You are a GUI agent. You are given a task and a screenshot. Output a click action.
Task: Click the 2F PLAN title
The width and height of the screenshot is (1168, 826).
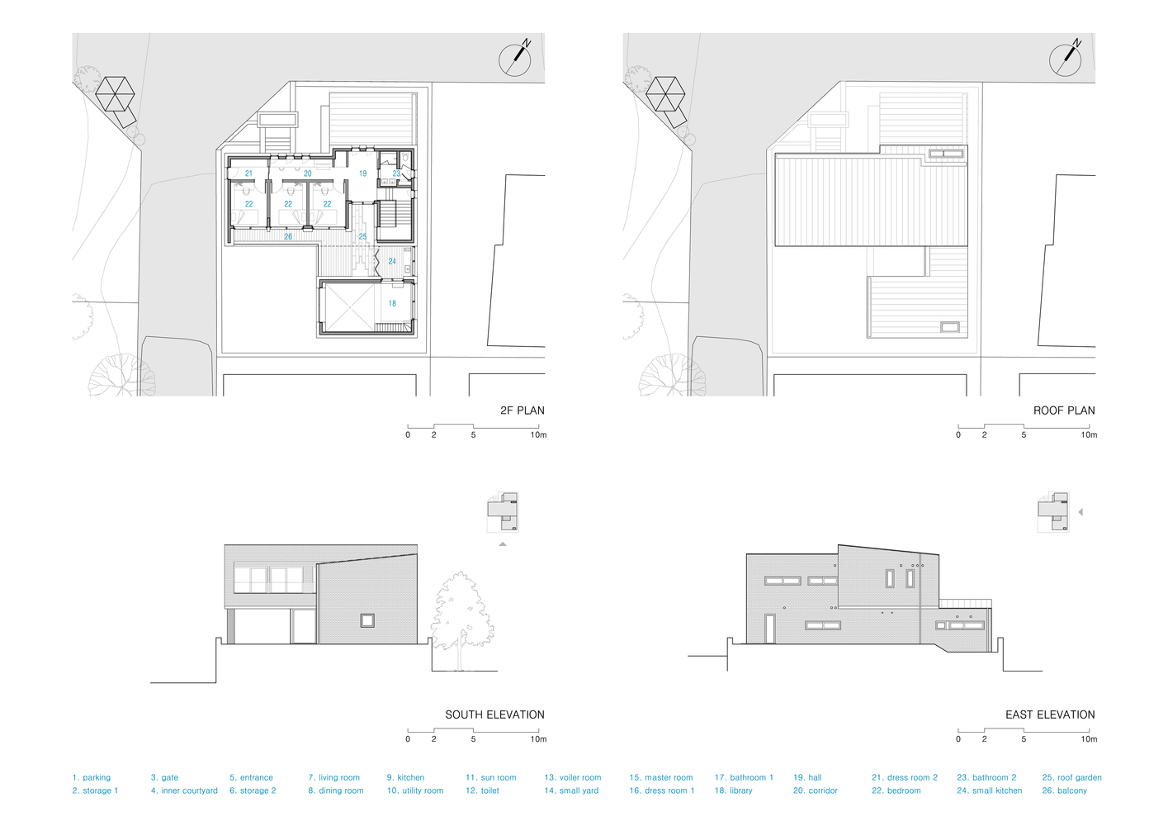click(x=522, y=411)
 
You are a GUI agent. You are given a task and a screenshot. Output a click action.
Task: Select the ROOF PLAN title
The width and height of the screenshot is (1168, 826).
click(x=1064, y=411)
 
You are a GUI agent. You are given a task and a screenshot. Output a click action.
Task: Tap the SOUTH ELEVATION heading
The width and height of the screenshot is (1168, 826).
click(x=494, y=714)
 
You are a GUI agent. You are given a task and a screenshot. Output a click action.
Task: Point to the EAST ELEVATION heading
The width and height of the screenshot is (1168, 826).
click(x=1050, y=714)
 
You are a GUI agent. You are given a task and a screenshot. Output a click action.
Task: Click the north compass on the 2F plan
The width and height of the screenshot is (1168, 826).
click(x=515, y=59)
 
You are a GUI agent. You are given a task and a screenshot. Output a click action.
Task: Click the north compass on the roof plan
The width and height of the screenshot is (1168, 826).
click(x=1066, y=59)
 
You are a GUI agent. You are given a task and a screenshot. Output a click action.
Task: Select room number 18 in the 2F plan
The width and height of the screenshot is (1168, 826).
click(x=392, y=303)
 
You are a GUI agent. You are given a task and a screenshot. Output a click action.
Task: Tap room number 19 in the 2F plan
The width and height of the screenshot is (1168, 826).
click(x=362, y=173)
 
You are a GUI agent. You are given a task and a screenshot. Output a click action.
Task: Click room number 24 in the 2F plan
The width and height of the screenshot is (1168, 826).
click(x=392, y=261)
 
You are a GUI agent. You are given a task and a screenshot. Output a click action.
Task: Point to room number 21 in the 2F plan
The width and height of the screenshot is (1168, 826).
click(x=248, y=173)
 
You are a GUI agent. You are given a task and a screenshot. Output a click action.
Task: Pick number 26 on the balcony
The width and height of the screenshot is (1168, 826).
click(x=288, y=236)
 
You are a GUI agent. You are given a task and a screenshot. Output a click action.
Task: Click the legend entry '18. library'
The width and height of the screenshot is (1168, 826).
click(x=733, y=790)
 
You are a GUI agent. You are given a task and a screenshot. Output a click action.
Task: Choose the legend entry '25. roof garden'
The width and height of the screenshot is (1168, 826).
click(x=1071, y=777)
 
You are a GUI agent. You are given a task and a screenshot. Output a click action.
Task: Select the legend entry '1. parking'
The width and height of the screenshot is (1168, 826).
click(x=92, y=777)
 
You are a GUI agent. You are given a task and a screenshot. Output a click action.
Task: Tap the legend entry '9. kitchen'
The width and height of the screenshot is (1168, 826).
click(x=405, y=777)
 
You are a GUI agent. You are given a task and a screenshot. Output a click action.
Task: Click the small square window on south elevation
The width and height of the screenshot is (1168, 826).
click(x=367, y=620)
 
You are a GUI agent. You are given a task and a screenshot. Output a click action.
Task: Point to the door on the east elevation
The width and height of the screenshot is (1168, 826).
click(x=769, y=629)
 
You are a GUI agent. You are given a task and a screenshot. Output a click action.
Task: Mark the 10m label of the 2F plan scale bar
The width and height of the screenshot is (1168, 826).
click(x=538, y=434)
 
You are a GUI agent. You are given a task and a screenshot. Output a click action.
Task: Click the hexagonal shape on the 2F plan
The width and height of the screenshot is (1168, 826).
click(x=115, y=94)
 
